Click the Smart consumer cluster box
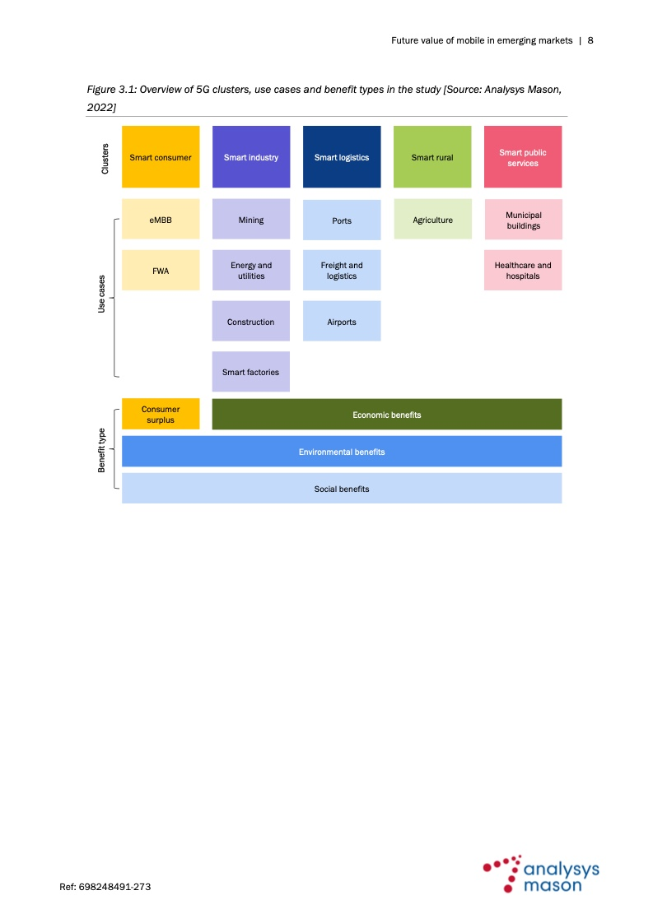[x=161, y=156]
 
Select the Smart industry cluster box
[x=251, y=156]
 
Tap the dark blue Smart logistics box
[x=342, y=156]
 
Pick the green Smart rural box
[x=432, y=156]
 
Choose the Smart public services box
[x=523, y=156]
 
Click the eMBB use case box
[x=161, y=219]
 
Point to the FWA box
[x=161, y=270]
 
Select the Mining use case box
[x=251, y=219]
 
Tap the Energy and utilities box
[x=251, y=270]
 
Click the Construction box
[x=251, y=321]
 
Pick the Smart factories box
[x=251, y=372]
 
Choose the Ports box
[x=342, y=220]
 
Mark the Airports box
[x=342, y=321]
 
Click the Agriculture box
[x=432, y=219]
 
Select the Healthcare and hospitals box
[x=523, y=270]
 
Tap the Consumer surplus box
[x=161, y=414]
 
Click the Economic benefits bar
[x=387, y=414]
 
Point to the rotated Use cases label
[x=101, y=294]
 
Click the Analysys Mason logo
[x=541, y=874]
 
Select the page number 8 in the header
[x=590, y=40]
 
